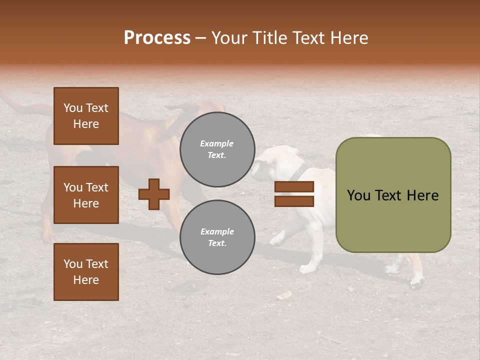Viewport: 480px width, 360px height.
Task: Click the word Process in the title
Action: point(157,38)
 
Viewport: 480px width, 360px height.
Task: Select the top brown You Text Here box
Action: point(86,116)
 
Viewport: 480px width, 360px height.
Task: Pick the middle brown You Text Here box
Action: point(86,195)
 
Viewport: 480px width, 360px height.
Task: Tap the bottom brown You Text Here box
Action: point(86,271)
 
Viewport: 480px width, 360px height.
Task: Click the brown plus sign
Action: point(154,194)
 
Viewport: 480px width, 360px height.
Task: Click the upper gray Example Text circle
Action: point(217,149)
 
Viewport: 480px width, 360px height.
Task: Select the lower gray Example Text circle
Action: point(217,237)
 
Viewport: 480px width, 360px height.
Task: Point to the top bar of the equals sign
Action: point(294,187)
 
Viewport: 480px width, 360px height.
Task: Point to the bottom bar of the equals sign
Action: point(294,201)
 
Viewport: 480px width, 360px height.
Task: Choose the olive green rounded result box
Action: point(393,195)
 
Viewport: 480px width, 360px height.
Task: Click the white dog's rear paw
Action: point(416,283)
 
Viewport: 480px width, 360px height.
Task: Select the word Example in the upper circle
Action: point(217,143)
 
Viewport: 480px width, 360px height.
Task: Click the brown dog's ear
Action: point(175,120)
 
